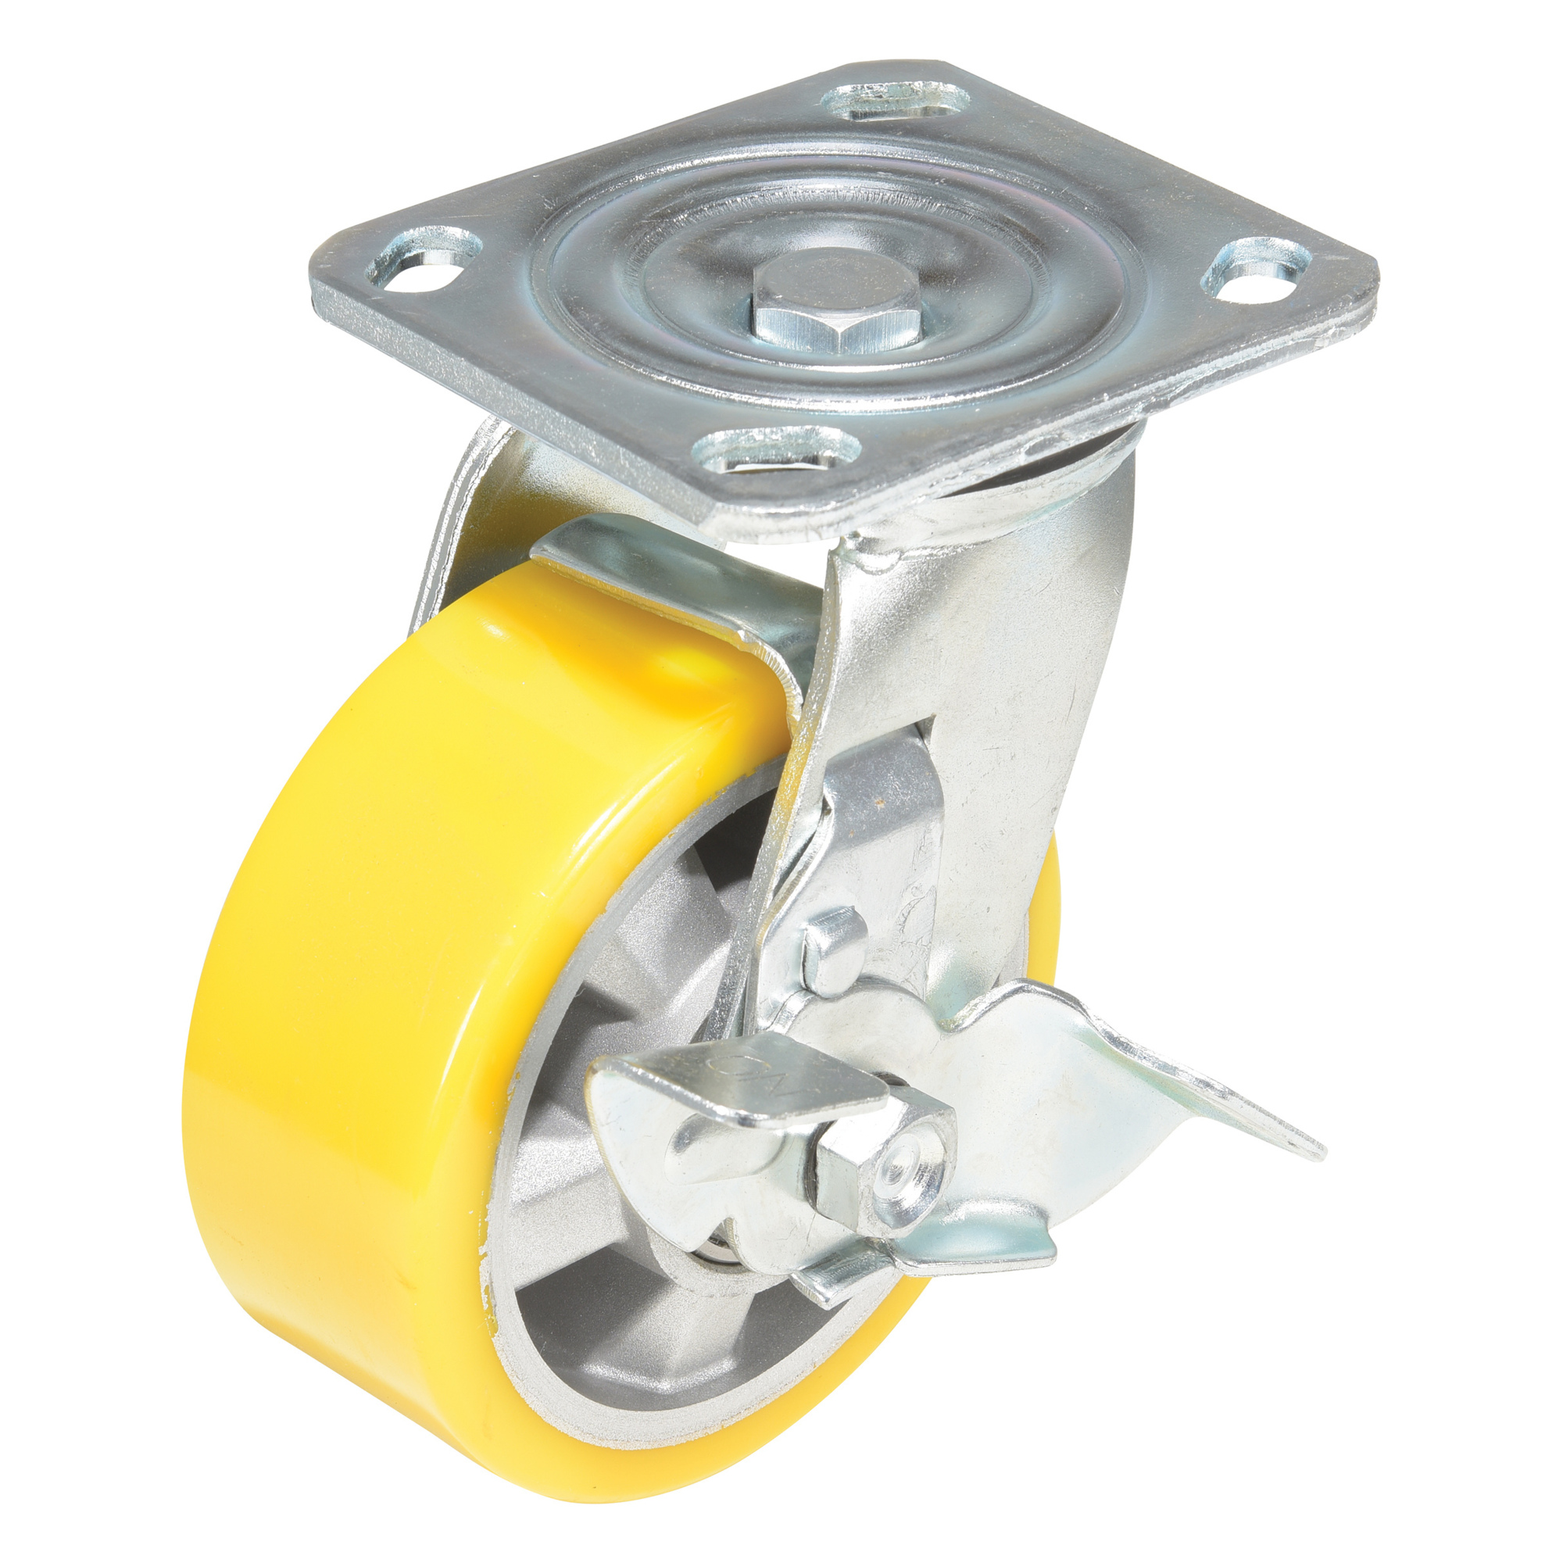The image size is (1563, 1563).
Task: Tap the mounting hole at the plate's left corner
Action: click(424, 273)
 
